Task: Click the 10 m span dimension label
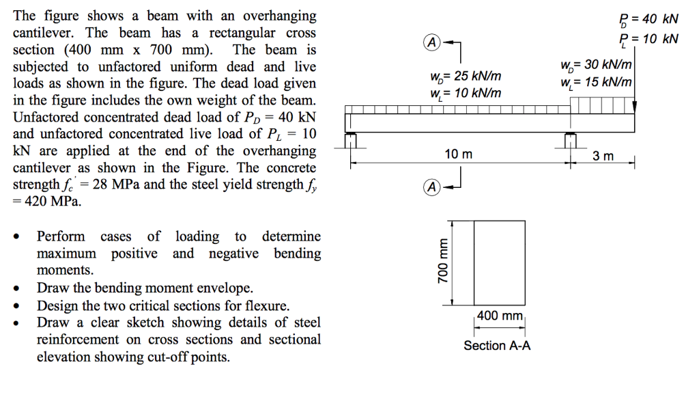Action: point(458,154)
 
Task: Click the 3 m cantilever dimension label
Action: point(603,156)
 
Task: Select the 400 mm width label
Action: point(499,316)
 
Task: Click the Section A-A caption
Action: point(497,346)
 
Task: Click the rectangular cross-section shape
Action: point(499,262)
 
